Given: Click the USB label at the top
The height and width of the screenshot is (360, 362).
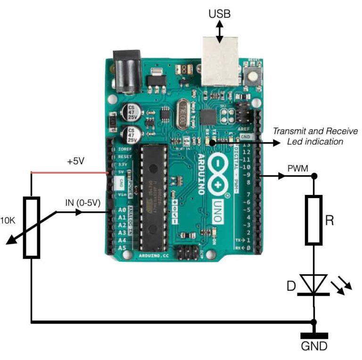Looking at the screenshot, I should pyautogui.click(x=220, y=14).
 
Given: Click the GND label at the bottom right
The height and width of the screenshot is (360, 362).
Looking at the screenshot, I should pyautogui.click(x=314, y=347).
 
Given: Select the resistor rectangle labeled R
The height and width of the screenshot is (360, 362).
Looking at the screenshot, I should pyautogui.click(x=314, y=220).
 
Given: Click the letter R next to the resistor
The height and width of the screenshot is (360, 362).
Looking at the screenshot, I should pyautogui.click(x=330, y=220).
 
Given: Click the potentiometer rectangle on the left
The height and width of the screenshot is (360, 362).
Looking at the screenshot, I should pyautogui.click(x=31, y=228).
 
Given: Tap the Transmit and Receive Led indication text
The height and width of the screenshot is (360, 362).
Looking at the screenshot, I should pyautogui.click(x=315, y=136).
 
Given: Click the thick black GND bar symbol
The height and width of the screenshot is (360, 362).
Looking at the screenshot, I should pyautogui.click(x=314, y=336).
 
